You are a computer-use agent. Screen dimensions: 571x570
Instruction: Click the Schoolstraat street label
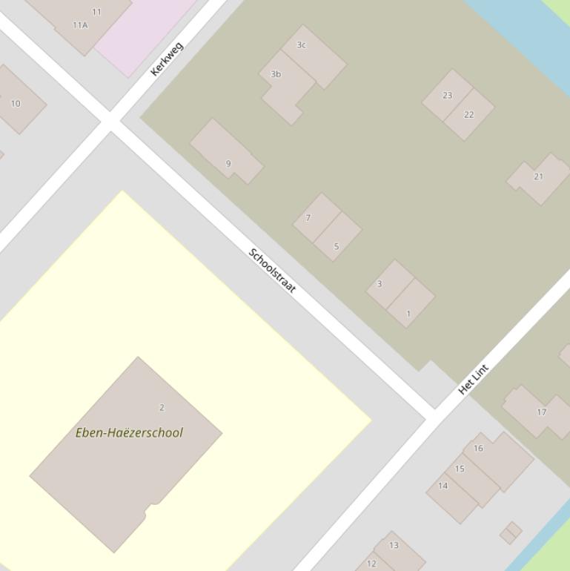272,271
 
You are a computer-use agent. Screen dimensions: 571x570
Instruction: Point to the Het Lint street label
473,379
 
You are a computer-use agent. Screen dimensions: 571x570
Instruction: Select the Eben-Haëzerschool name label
129,432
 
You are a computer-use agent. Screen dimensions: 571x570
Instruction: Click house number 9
228,164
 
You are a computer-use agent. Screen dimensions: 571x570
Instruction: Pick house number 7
308,218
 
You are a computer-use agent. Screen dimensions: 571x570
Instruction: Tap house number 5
337,246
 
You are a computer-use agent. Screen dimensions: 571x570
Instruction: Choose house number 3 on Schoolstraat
380,284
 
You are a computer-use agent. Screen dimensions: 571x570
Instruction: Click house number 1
408,314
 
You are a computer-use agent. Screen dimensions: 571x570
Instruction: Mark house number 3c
301,45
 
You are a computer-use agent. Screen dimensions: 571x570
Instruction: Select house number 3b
276,74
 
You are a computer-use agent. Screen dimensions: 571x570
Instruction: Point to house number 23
447,96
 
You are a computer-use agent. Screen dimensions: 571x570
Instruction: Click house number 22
468,115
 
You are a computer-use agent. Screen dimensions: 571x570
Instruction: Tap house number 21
538,176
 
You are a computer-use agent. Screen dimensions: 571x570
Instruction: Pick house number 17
541,412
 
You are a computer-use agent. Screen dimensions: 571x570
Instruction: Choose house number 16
478,448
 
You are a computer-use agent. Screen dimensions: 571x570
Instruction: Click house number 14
443,486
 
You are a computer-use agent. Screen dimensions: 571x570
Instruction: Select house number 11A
80,25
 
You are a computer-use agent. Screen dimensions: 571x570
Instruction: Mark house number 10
16,104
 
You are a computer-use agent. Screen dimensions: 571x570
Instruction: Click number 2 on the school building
162,407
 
